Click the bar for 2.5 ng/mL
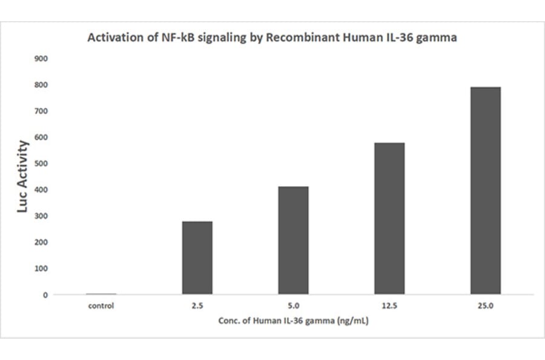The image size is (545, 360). [x=197, y=258]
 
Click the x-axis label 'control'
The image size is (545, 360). [x=101, y=306]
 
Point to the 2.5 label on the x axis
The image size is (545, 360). [x=197, y=306]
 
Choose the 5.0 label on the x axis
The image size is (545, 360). [x=293, y=306]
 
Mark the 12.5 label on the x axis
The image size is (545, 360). [x=389, y=306]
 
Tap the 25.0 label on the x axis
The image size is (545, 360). [x=485, y=306]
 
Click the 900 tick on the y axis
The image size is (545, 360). [x=42, y=59]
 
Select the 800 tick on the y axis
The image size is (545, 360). [x=42, y=85]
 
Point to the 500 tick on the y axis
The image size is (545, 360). [x=42, y=164]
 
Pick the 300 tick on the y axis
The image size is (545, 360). [x=42, y=216]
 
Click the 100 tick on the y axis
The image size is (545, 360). [x=42, y=268]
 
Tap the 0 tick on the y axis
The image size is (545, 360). [x=45, y=295]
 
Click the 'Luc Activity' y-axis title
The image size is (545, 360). [x=23, y=176]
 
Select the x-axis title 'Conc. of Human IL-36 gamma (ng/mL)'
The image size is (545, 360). [x=293, y=321]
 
